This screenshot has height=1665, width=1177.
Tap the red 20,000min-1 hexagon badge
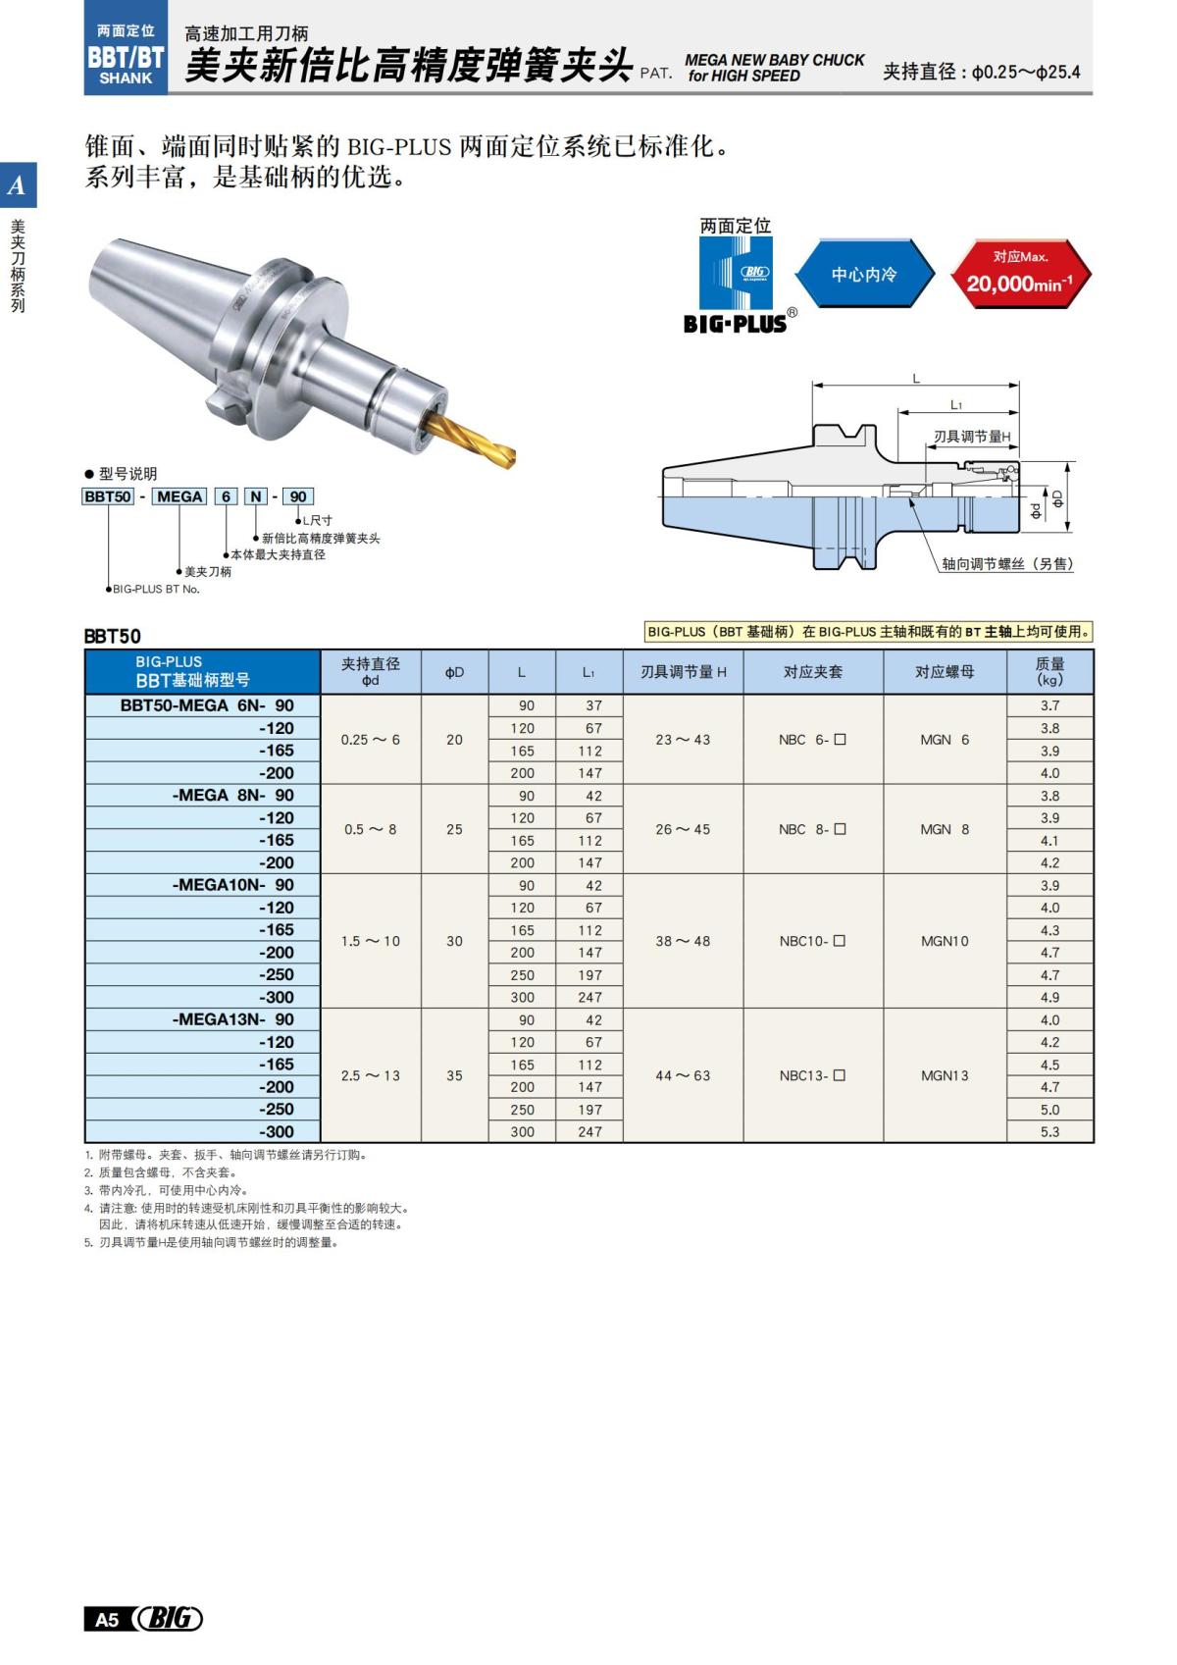pos(1020,274)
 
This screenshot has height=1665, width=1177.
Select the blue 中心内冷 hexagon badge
pos(863,274)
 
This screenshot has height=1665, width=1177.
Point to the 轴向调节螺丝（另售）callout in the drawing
pos(1006,564)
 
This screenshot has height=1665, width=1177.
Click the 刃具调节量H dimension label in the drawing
pos(971,437)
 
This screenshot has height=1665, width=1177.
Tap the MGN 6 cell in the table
pos(945,740)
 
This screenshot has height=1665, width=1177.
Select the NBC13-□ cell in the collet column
pos(812,1075)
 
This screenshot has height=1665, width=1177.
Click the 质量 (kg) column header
pos(1049,672)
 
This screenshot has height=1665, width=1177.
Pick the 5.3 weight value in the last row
pos(1049,1131)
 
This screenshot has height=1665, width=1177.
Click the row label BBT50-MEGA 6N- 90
pos(207,705)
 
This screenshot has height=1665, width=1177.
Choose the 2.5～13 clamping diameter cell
pos(371,1075)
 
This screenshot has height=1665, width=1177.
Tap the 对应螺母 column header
pos(945,672)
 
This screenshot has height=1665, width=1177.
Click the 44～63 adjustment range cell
pos(683,1075)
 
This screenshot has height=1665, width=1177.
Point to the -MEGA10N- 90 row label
pos(232,885)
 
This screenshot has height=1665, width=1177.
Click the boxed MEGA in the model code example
pos(179,496)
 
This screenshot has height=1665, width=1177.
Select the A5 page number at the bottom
pos(107,1619)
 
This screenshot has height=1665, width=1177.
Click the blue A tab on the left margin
pos(18,185)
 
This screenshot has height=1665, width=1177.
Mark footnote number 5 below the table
pos(88,1243)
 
